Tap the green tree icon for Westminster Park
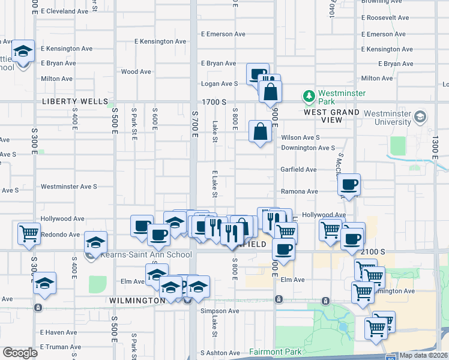(309, 96)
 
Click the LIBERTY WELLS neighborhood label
(75, 101)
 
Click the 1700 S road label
(217, 102)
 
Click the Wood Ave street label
(136, 71)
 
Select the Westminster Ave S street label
(68, 187)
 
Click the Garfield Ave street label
(298, 170)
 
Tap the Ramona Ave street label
(300, 191)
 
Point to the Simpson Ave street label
(220, 311)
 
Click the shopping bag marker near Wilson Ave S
(260, 132)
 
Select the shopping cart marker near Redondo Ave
(29, 234)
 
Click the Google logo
(20, 353)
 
